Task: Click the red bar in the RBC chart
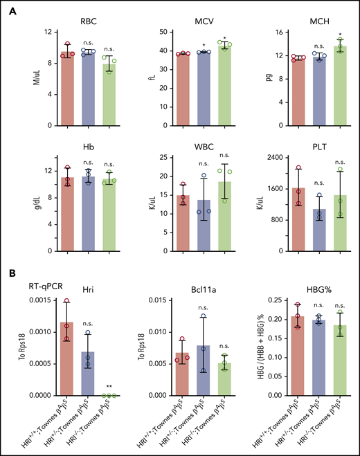(67, 90)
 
